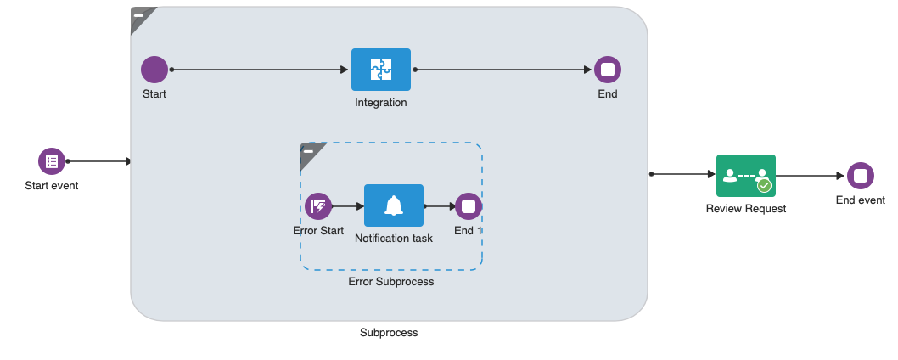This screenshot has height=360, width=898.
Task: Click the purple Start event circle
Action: pyautogui.click(x=52, y=161)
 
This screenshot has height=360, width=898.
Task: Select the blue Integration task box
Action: pyautogui.click(x=381, y=70)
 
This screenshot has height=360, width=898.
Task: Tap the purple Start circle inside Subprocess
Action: pyautogui.click(x=154, y=70)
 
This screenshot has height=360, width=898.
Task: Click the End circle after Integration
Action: pyautogui.click(x=608, y=70)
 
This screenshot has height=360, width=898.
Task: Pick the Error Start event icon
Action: pyautogui.click(x=318, y=206)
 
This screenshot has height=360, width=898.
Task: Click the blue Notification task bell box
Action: pyautogui.click(x=394, y=205)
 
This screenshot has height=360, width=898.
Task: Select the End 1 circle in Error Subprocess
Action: pyautogui.click(x=469, y=206)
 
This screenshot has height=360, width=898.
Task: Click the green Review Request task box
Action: pyautogui.click(x=745, y=176)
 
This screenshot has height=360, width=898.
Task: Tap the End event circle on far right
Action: pyautogui.click(x=860, y=176)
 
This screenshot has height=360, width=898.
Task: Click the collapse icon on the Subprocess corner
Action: pyautogui.click(x=139, y=15)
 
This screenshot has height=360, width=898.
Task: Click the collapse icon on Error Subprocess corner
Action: pyautogui.click(x=309, y=151)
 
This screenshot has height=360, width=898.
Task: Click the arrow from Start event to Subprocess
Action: pyautogui.click(x=98, y=161)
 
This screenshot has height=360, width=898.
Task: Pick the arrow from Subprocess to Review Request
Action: pyautogui.click(x=682, y=174)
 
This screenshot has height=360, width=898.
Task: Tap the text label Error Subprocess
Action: pyautogui.click(x=390, y=281)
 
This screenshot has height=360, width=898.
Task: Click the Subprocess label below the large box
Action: pyautogui.click(x=389, y=332)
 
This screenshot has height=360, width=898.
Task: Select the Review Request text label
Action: pyautogui.click(x=745, y=208)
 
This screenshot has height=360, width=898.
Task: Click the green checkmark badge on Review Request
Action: pyautogui.click(x=764, y=185)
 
